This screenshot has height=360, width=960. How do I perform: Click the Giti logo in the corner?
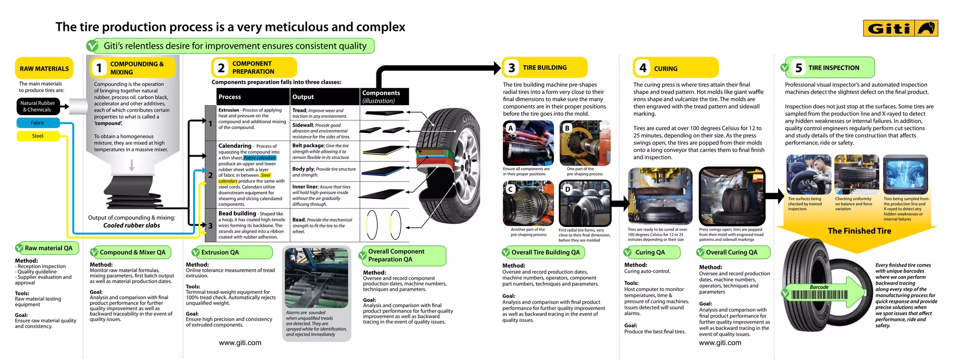click(900, 29)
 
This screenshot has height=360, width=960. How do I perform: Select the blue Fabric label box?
click(38, 123)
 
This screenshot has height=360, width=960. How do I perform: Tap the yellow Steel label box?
click(38, 136)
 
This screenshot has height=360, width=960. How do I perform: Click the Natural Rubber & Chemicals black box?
click(38, 106)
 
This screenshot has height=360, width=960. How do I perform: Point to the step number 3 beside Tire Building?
click(511, 68)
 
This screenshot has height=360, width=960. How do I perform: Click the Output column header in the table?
click(303, 97)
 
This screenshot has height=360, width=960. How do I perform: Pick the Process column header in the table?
click(230, 97)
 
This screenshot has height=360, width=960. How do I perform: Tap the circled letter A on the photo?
click(510, 128)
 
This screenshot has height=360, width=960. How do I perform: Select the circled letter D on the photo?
click(568, 189)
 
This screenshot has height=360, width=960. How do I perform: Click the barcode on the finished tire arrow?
click(819, 295)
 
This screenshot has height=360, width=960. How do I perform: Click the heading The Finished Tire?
click(859, 231)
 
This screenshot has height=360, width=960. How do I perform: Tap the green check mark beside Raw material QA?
click(20, 248)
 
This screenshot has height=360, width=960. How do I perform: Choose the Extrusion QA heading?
click(220, 252)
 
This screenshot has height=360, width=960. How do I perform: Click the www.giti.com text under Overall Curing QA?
click(720, 343)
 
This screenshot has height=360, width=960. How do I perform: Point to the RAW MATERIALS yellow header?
click(44, 68)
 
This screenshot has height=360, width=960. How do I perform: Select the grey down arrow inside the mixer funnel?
click(132, 165)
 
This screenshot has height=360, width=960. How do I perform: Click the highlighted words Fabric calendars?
click(260, 158)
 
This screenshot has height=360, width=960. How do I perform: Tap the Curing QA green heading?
click(650, 252)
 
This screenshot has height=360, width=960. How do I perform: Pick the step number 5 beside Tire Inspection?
click(798, 68)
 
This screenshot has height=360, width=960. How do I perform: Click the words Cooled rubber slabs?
click(132, 225)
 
